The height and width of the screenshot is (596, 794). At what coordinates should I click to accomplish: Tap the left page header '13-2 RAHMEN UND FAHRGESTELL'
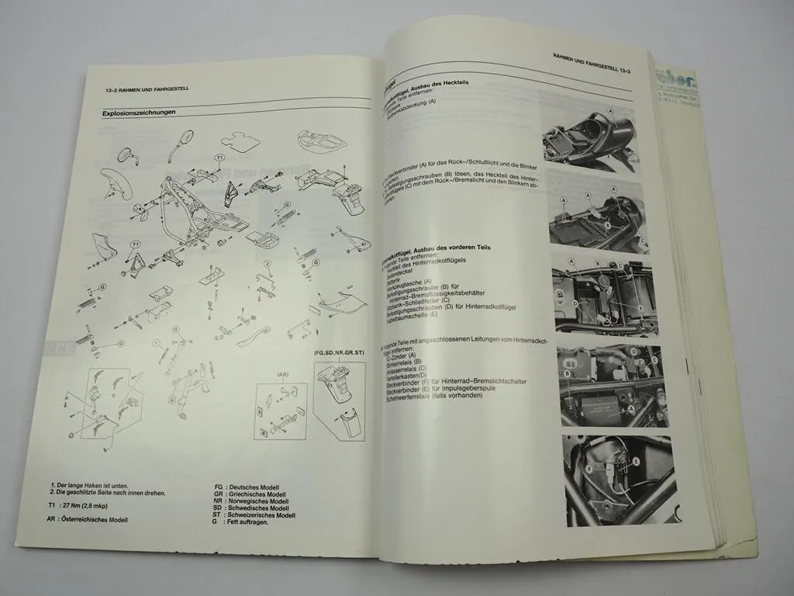pyautogui.click(x=147, y=88)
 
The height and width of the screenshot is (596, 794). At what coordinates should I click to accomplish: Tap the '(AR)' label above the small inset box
pyautogui.click(x=282, y=373)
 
